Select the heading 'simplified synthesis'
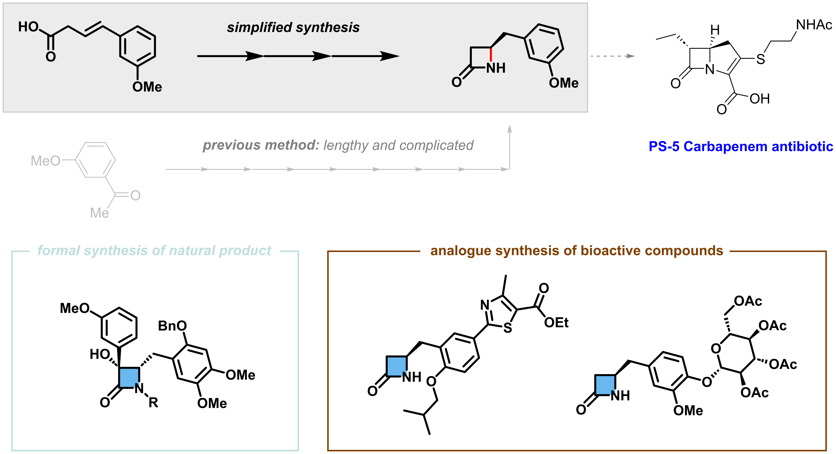[x=293, y=28]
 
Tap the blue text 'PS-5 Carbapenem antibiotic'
[x=741, y=146]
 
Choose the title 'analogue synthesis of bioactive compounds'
[x=577, y=250]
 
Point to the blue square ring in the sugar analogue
[x=605, y=385]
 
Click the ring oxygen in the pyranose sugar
[x=716, y=349]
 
